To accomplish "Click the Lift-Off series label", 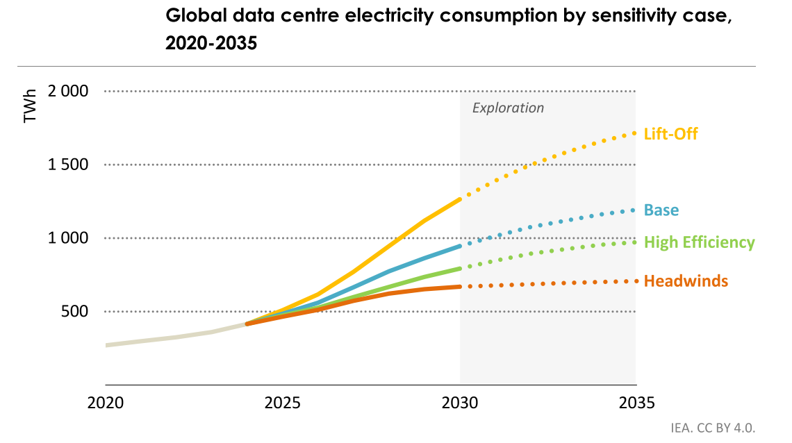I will [670, 133].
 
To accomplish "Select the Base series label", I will [661, 210].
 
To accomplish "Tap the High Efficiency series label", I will [699, 242].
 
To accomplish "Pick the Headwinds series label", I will [686, 281].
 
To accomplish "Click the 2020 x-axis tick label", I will [106, 403].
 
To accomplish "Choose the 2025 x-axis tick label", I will [282, 403].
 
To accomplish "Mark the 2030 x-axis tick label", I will [460, 403].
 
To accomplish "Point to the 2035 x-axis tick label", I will [636, 403].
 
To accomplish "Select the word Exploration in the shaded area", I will [508, 108].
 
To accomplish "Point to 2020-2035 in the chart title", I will [211, 43].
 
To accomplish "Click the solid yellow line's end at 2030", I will [459, 199].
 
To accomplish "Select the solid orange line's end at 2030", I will [459, 286].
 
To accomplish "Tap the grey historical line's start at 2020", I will [107, 344].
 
